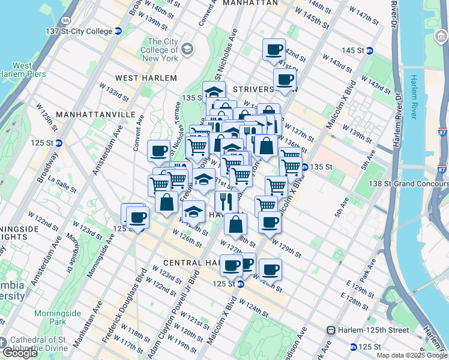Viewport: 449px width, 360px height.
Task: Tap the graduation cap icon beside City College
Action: (x=187, y=48)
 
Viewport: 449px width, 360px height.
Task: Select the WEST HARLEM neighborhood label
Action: (x=146, y=78)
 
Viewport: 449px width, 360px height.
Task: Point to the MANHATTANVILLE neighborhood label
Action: (x=88, y=114)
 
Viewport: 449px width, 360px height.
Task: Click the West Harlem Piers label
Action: (x=22, y=70)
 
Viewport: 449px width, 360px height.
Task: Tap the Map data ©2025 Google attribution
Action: (x=412, y=355)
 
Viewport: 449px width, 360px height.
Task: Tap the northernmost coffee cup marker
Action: (x=274, y=50)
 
